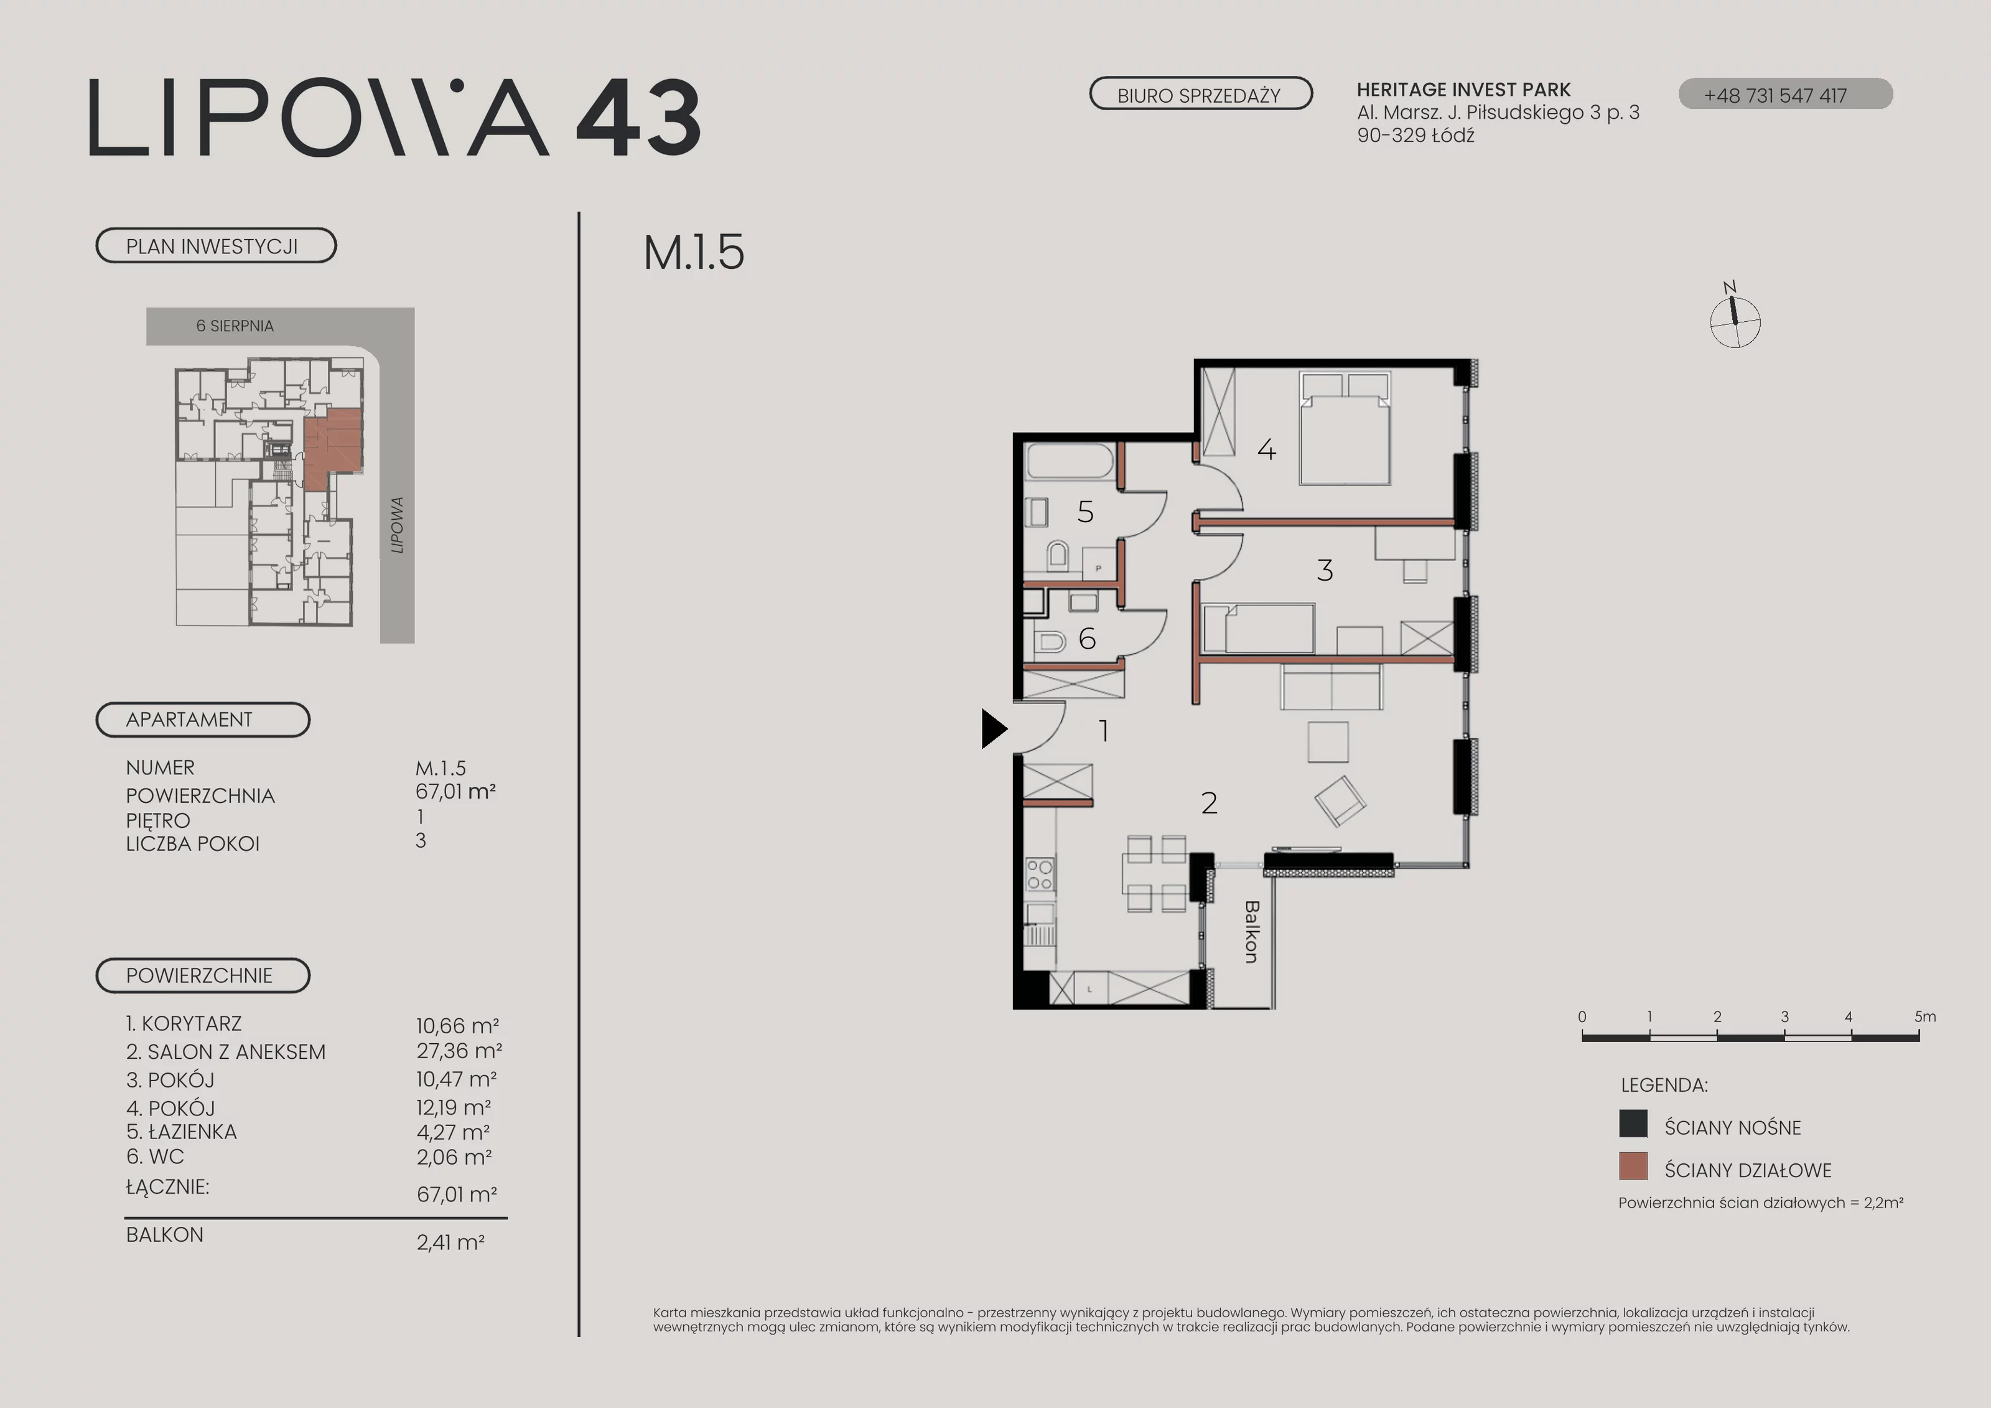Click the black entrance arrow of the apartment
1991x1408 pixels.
(x=994, y=729)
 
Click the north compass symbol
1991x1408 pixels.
(x=1734, y=317)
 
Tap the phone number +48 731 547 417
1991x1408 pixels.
(x=1775, y=95)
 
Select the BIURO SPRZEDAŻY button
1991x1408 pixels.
(x=1200, y=94)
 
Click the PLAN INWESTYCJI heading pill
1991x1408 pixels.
(x=216, y=245)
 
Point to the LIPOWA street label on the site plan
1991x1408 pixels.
(x=397, y=525)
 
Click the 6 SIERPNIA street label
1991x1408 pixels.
(x=235, y=326)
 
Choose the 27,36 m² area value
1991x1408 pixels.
(x=459, y=1051)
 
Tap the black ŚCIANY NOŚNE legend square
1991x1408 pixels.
(x=1633, y=1124)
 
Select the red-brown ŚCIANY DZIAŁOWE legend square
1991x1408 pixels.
(x=1633, y=1166)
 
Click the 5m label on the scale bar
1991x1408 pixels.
(x=1925, y=1016)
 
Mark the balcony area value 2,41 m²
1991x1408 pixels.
(x=450, y=1242)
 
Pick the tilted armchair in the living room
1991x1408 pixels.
(x=1340, y=800)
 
